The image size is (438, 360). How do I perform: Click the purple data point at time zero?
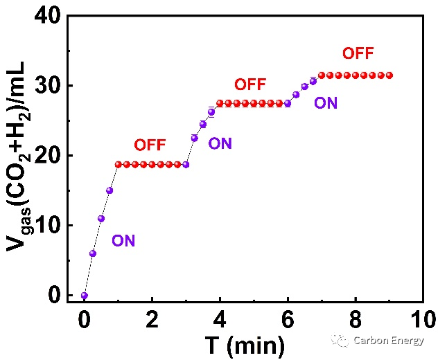point(85,295)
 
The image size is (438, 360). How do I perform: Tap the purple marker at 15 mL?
point(109,190)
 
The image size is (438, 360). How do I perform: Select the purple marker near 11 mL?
point(101,219)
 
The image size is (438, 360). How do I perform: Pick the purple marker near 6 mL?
point(93,253)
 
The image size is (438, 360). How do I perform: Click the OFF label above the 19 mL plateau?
point(150,145)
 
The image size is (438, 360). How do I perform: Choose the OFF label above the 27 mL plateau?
point(250,84)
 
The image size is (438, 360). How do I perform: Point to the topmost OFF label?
point(358,53)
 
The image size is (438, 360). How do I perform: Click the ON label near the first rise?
point(123,240)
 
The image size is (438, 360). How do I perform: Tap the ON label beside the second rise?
point(220,144)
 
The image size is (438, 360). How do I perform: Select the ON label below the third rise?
point(326,103)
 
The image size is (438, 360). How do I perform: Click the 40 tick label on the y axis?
point(47,16)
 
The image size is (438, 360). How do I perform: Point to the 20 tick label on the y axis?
point(47,155)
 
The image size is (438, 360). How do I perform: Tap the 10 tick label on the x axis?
point(423,319)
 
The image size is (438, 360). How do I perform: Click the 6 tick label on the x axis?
point(288,319)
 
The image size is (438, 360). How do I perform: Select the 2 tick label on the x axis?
point(152,319)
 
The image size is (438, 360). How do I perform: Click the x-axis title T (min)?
point(245,345)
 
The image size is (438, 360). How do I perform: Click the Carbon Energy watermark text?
point(389,341)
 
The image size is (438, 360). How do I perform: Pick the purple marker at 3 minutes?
point(186,165)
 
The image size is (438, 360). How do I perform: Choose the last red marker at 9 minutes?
point(389,75)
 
